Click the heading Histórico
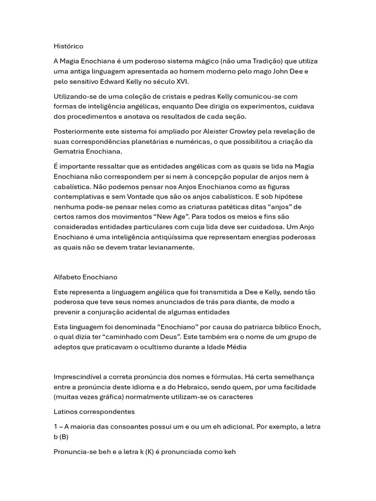(x=69, y=46)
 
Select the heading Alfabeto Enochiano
(x=85, y=277)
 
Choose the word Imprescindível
(x=78, y=377)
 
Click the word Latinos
(x=66, y=412)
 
